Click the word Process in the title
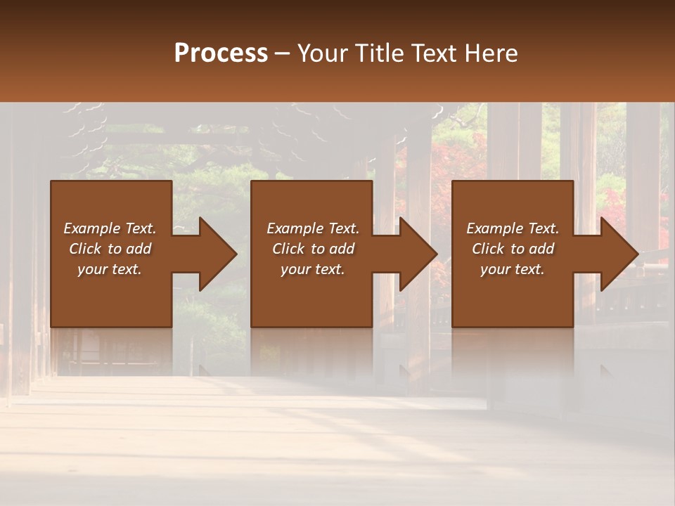coord(221,53)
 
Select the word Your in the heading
coord(321,53)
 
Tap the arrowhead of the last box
coord(618,254)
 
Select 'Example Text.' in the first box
coord(110,228)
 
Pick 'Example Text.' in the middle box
coord(313,228)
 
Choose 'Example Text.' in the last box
coord(513,228)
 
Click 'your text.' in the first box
coord(110,269)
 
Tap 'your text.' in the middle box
coord(313,269)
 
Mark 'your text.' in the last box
coord(513,269)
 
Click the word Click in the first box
coord(85,249)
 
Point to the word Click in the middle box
coord(288,249)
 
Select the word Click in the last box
coord(488,249)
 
